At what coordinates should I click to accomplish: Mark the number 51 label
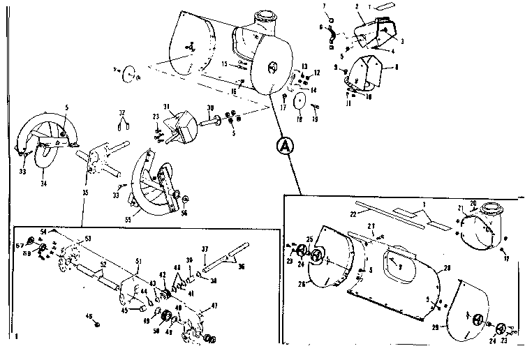tap(138, 261)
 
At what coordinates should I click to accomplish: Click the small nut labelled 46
tap(96, 324)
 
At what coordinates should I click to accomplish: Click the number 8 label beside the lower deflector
tap(397, 68)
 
